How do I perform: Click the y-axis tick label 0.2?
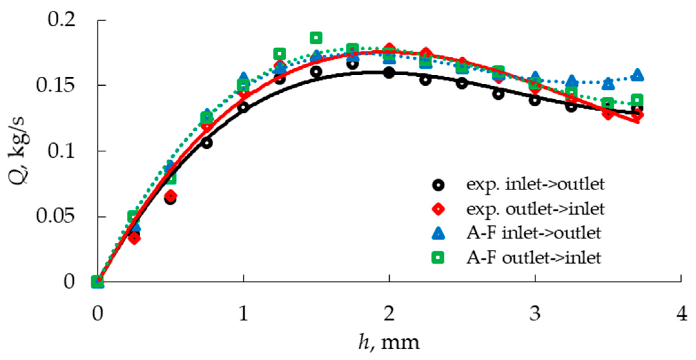[62, 20]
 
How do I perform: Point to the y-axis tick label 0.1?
[62, 151]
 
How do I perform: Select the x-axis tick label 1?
[243, 313]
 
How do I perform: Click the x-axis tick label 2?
[389, 313]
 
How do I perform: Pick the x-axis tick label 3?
[535, 313]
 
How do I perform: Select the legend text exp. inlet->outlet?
[535, 184]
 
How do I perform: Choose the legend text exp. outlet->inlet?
[535, 209]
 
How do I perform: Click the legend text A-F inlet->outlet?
[533, 233]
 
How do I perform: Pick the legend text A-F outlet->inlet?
[533, 258]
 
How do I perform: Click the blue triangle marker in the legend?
[438, 233]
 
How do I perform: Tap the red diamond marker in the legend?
[438, 209]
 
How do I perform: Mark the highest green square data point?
[316, 38]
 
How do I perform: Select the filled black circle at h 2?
[389, 72]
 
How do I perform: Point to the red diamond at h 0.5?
[171, 195]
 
